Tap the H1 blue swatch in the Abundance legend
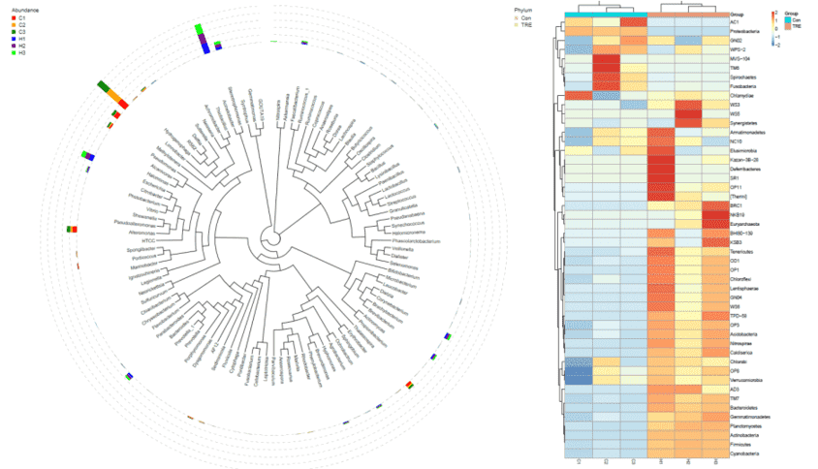(9, 39)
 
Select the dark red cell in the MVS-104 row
(605, 59)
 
